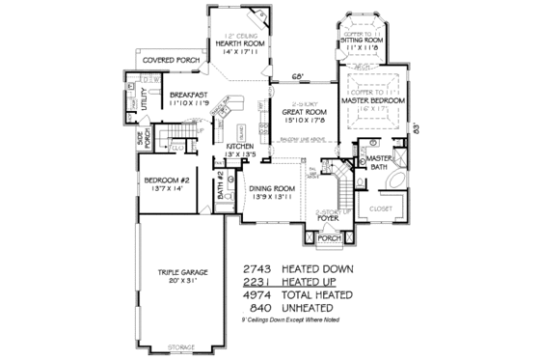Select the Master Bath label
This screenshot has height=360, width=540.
point(379,161)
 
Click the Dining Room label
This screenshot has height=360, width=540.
point(271,189)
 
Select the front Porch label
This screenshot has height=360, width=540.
point(330,236)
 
